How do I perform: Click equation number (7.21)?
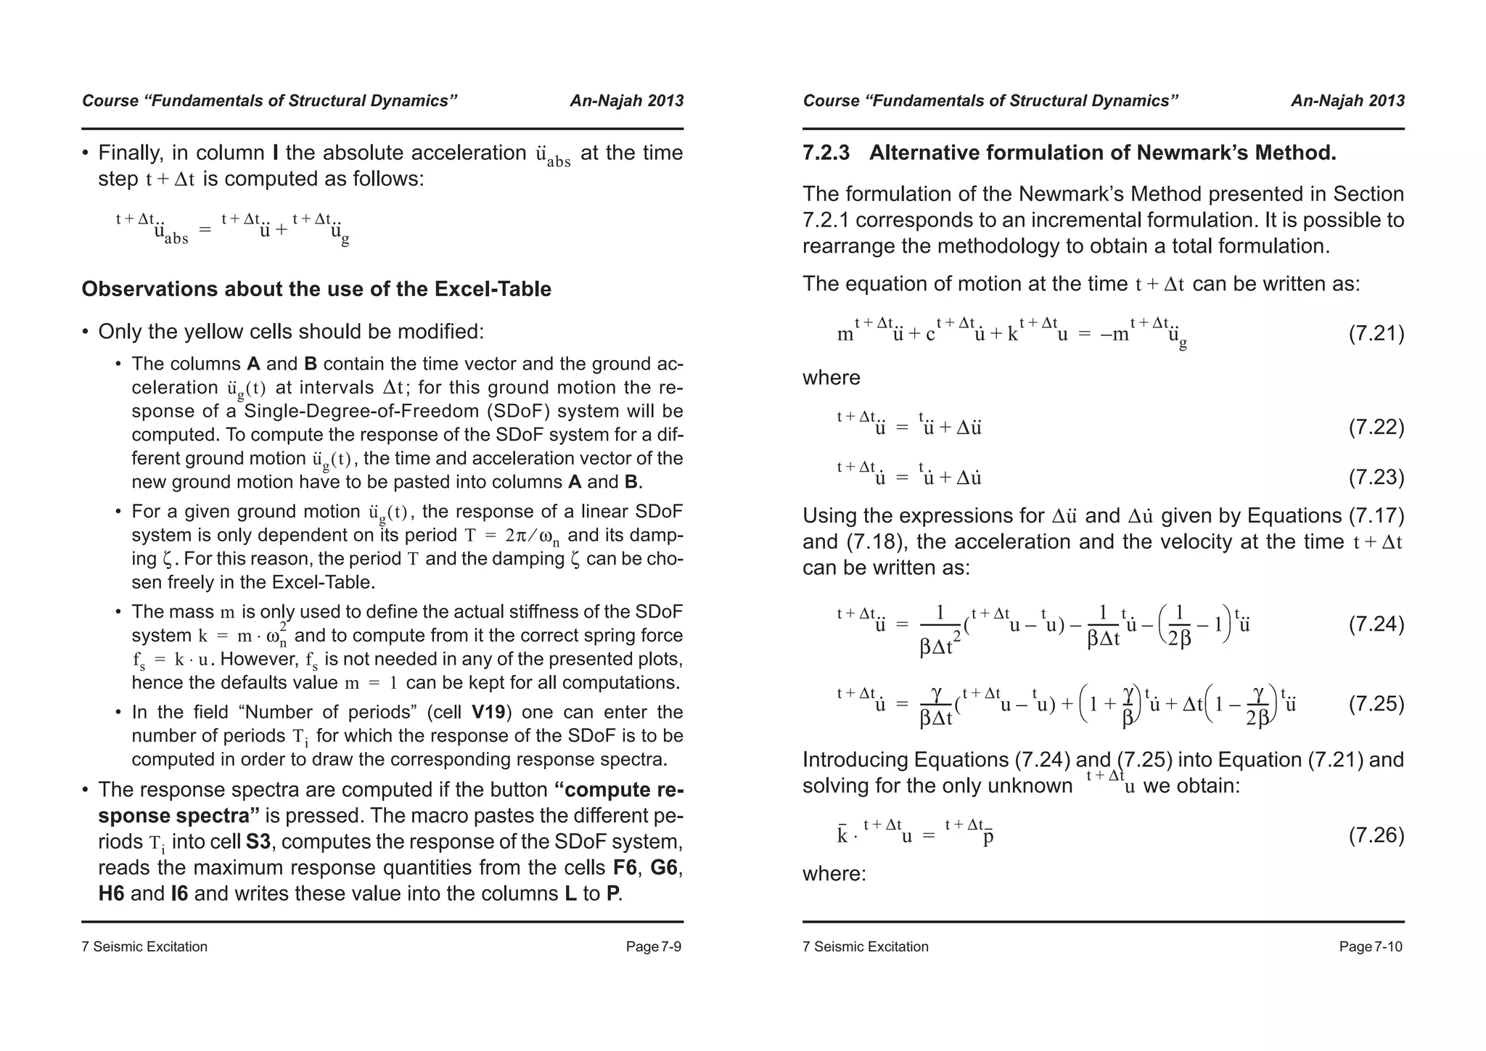[x=1376, y=334]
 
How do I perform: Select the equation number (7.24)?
[x=1376, y=624]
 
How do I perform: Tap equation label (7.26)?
[x=1376, y=835]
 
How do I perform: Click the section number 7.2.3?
[x=826, y=153]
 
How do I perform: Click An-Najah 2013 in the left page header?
[x=626, y=101]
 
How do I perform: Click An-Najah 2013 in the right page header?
[x=1347, y=101]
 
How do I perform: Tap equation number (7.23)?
[x=1376, y=478]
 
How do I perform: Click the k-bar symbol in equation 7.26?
[x=842, y=836]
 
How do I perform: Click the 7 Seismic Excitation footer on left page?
[x=144, y=946]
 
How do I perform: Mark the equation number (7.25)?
[x=1376, y=704]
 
